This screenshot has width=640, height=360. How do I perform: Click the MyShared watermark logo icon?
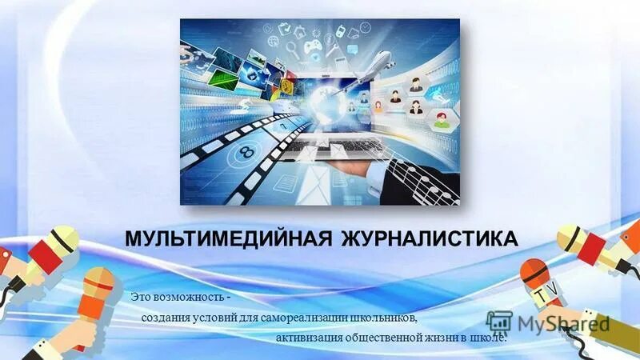point(499,322)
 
